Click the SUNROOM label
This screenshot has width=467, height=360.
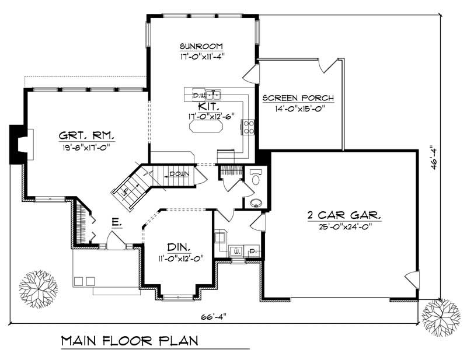click(201, 46)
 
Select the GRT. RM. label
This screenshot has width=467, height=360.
click(86, 136)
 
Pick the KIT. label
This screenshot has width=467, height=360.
click(208, 106)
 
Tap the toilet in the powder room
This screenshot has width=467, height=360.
click(256, 177)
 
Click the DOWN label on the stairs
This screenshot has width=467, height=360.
click(179, 174)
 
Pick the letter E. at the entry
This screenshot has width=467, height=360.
click(117, 222)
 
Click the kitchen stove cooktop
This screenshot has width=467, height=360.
click(249, 127)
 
